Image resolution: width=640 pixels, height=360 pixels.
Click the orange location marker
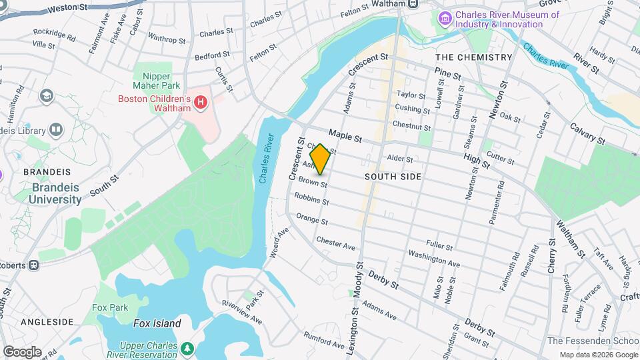[x=320, y=159]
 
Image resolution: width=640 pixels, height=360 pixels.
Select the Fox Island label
[x=157, y=323]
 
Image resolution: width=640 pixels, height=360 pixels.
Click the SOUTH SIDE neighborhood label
[x=393, y=177]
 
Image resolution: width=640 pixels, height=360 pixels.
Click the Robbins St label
[x=311, y=199]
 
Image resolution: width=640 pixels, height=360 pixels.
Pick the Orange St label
[x=311, y=218]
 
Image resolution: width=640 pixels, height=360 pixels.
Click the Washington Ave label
[x=434, y=259]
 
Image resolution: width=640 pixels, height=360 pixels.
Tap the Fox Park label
[x=110, y=308]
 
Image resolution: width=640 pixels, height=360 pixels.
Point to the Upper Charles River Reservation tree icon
[x=189, y=347]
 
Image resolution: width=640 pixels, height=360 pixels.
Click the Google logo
[x=21, y=351]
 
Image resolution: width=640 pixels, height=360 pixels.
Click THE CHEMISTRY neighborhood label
[x=475, y=57]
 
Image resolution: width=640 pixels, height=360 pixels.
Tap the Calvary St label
[x=587, y=134]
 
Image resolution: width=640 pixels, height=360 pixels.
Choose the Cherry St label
[x=551, y=257]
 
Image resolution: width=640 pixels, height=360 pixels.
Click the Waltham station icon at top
[x=413, y=4]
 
